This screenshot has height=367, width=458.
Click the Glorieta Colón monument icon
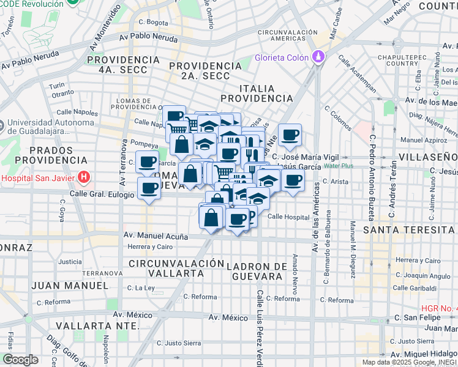[318, 57]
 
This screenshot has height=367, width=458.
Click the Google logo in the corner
[20, 360]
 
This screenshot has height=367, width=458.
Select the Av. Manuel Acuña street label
[156, 235]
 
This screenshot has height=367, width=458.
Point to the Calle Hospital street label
[288, 217]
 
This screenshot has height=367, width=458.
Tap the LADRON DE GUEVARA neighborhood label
[257, 271]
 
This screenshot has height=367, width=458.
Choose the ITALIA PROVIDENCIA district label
[257, 93]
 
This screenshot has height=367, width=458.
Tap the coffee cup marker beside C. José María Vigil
[290, 136]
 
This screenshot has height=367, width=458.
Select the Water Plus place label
[339, 166]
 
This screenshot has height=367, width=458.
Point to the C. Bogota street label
[153, 23]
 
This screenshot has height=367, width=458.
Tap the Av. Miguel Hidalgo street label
[424, 354]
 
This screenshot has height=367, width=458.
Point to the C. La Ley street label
[141, 287]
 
